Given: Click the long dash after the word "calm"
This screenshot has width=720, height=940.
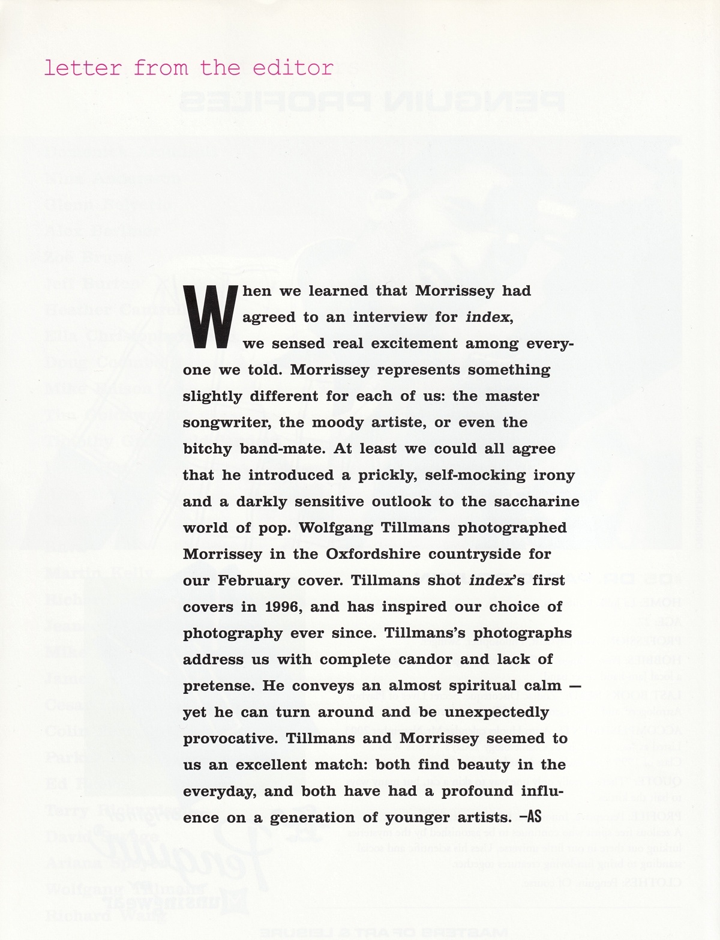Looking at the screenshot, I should [574, 685].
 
